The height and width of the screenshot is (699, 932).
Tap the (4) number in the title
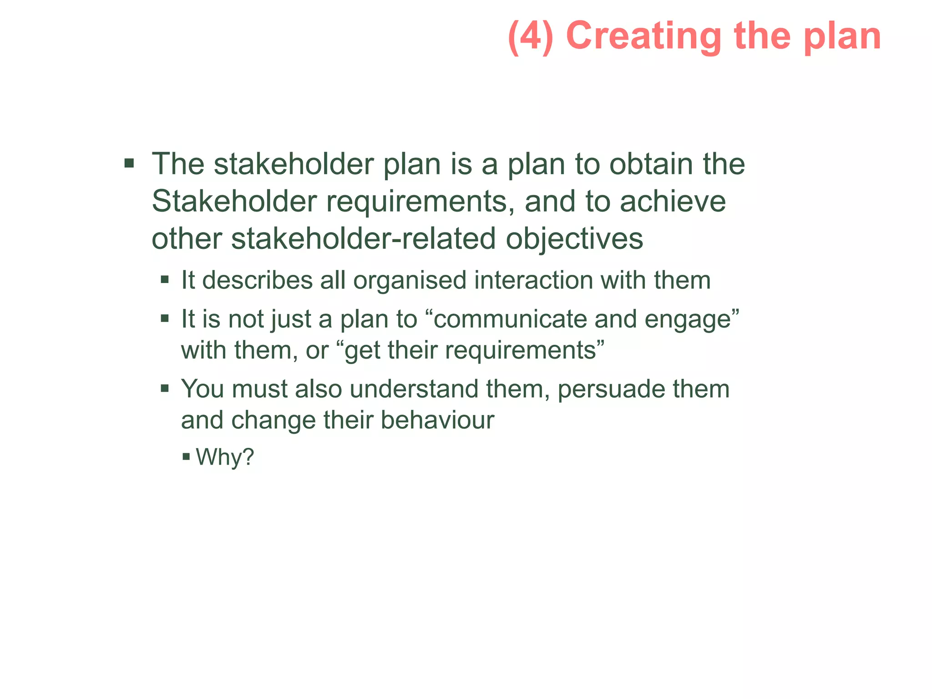pyautogui.click(x=531, y=36)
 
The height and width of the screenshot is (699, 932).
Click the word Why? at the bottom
pyautogui.click(x=224, y=457)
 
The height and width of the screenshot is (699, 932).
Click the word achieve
pyautogui.click(x=673, y=201)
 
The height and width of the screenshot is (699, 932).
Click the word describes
pyautogui.click(x=257, y=280)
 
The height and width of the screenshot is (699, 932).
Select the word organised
pyautogui.click(x=410, y=281)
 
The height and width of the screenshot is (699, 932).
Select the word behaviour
pyautogui.click(x=437, y=420)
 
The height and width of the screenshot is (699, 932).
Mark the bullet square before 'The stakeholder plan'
pyautogui.click(x=129, y=163)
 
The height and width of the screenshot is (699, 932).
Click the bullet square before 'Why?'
pyautogui.click(x=186, y=456)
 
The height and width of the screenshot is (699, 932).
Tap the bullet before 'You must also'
pyautogui.click(x=165, y=388)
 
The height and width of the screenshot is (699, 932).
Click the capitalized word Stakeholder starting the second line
pyautogui.click(x=234, y=201)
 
